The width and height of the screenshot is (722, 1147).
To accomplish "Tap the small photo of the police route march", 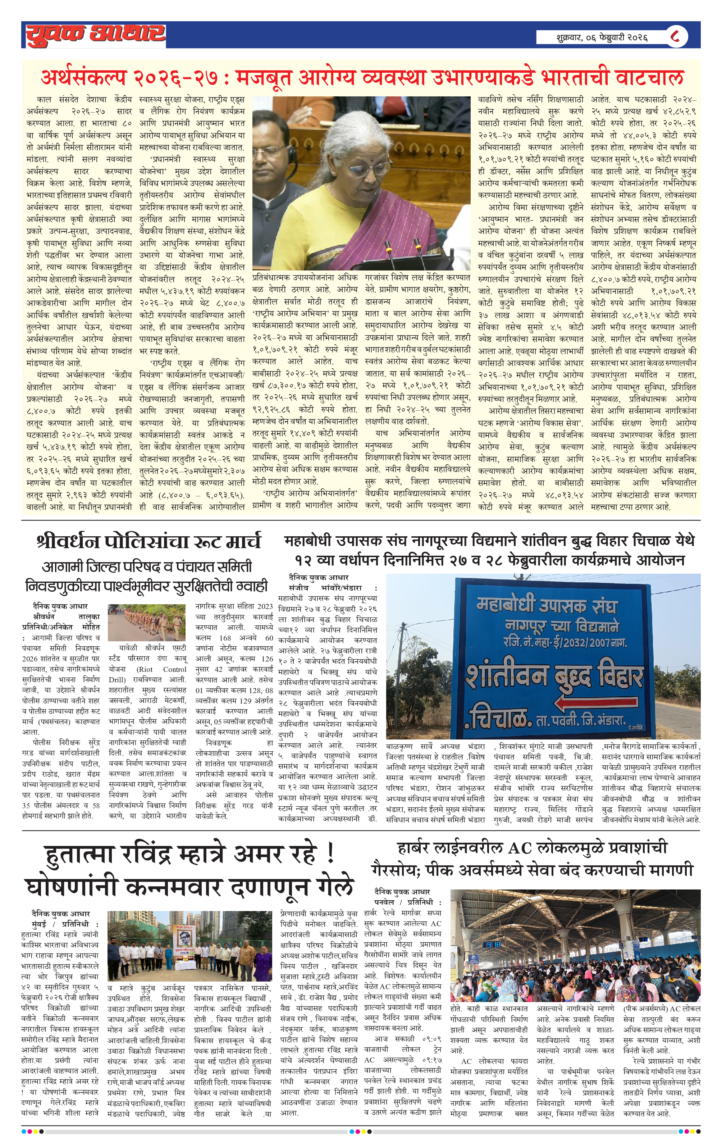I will tap(147, 623).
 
